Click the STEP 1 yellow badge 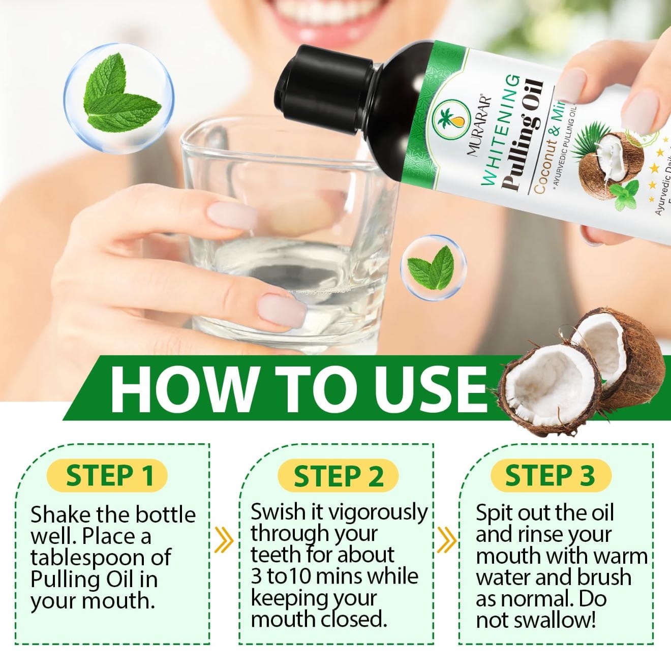tap(108, 476)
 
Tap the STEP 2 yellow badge tap(338, 476)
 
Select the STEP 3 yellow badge tap(550, 476)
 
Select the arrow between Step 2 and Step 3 tap(447, 539)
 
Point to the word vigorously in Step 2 tap(378, 512)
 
